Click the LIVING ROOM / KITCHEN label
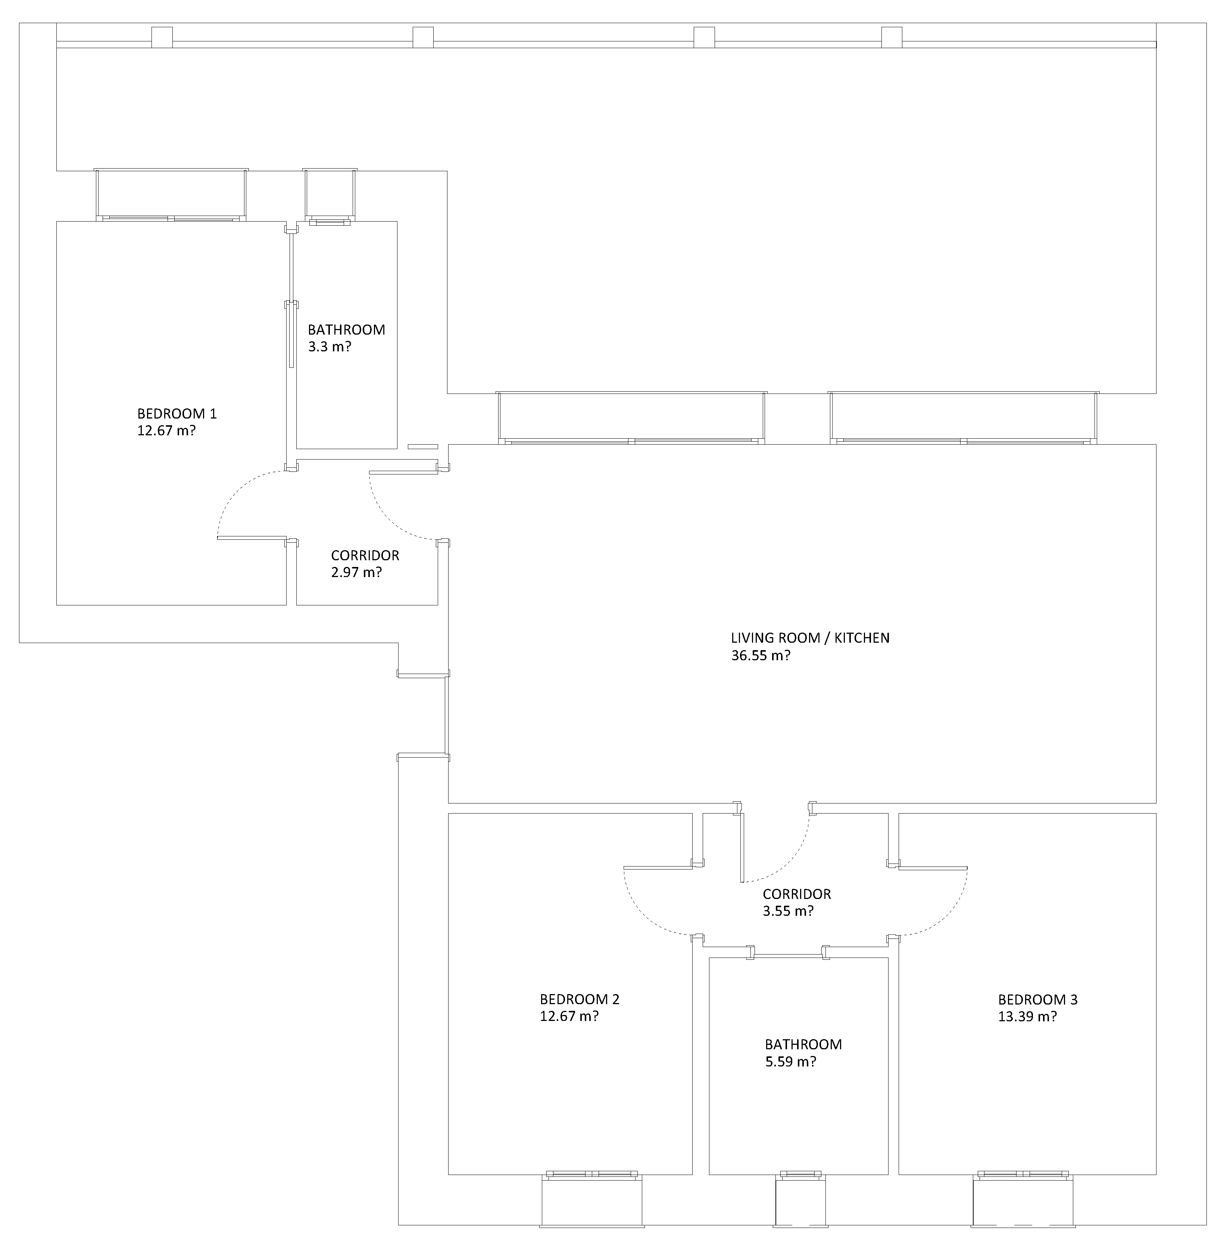point(810,637)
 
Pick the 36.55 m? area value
point(760,655)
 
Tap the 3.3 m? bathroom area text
point(329,347)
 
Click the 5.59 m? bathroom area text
point(790,1061)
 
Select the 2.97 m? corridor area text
point(356,572)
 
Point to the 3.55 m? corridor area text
point(788,911)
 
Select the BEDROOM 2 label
point(579,999)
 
